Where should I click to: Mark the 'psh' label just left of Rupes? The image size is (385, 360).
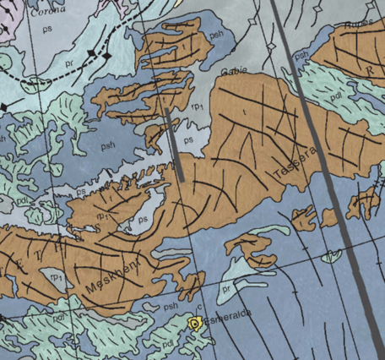(x=300, y=56)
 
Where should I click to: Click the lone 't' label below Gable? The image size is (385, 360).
(x=243, y=110)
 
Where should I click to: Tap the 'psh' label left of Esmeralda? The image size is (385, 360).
(x=171, y=306)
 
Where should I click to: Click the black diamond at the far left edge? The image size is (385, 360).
(x=4, y=106)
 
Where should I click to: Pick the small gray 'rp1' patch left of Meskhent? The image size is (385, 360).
(x=57, y=277)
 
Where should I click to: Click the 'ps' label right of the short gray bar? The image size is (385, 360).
(x=190, y=139)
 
